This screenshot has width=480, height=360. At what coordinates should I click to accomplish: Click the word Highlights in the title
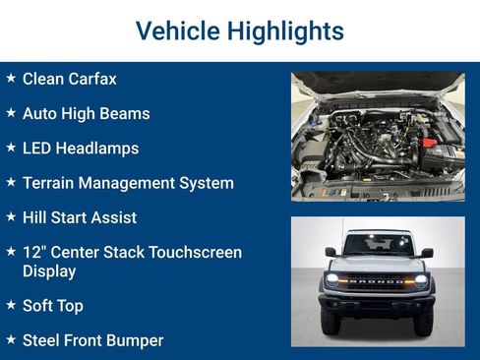pyautogui.click(x=285, y=31)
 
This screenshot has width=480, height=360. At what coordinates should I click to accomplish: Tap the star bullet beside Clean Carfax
pyautogui.click(x=11, y=78)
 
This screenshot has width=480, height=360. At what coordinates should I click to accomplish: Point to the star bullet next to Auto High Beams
pyautogui.click(x=11, y=113)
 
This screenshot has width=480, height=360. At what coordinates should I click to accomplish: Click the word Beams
pyautogui.click(x=126, y=114)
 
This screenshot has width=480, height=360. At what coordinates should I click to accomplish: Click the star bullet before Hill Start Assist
pyautogui.click(x=11, y=217)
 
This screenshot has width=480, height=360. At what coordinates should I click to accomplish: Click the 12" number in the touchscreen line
pyautogui.click(x=34, y=253)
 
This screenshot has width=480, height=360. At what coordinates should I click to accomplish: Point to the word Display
pyautogui.click(x=49, y=271)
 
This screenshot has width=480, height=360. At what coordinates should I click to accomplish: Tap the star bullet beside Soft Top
pyautogui.click(x=11, y=306)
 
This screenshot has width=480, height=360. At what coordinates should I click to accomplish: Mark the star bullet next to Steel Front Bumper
pyautogui.click(x=11, y=340)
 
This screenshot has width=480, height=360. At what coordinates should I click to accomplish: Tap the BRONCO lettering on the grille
pyautogui.click(x=378, y=280)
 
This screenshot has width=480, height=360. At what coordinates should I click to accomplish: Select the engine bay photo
pyautogui.click(x=378, y=136)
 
